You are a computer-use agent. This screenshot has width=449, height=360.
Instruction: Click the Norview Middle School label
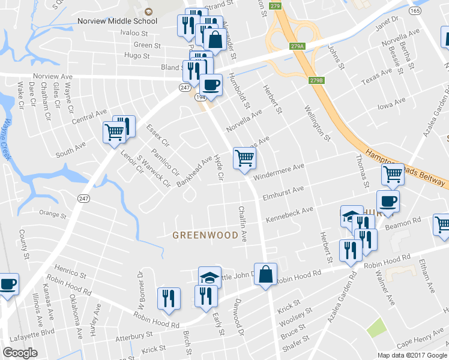[117, 21]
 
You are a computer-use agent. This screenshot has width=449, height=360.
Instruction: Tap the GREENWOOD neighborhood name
[205, 235]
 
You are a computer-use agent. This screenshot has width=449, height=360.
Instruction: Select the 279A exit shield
[297, 46]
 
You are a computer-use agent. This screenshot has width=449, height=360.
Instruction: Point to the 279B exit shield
[317, 80]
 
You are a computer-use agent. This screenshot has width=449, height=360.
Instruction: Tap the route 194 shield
[199, 97]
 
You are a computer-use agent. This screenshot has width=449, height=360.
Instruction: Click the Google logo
[20, 353]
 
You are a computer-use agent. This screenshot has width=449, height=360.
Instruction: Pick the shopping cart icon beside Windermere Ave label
[244, 158]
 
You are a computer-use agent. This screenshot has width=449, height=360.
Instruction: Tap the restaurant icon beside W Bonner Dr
[169, 298]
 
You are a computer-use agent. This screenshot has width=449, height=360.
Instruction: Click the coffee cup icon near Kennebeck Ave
[388, 202]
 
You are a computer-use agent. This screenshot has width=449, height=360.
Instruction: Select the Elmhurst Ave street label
[283, 194]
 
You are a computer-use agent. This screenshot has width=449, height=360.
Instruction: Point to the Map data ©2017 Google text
[412, 355]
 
